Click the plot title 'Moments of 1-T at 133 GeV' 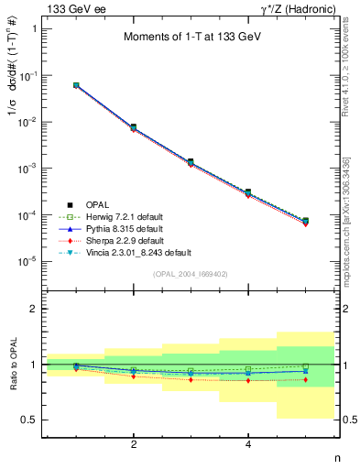(x=187, y=38)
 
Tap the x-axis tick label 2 (x=134, y=444)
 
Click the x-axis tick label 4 (x=248, y=444)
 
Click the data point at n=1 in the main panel (x=76, y=85)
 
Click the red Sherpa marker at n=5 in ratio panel (x=305, y=379)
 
